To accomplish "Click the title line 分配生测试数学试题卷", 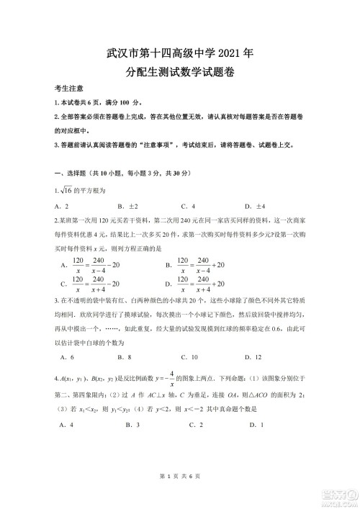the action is point(180,72).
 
